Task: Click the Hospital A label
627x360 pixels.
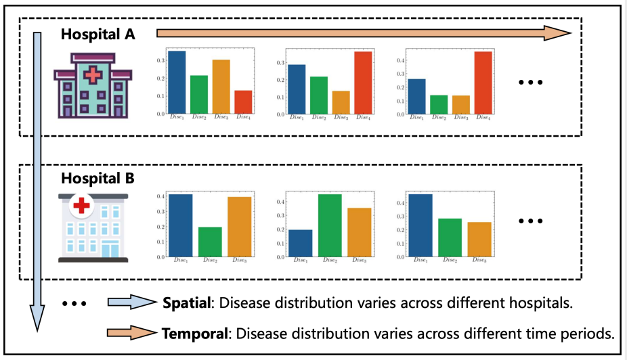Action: (98, 35)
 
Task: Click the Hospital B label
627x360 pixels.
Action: (98, 179)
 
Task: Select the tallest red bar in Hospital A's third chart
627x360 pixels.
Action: (483, 83)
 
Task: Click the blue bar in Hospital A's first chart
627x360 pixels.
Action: (177, 83)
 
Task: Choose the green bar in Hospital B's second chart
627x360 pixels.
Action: (330, 225)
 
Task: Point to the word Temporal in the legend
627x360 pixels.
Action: (192, 334)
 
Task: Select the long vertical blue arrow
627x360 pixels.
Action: (38, 183)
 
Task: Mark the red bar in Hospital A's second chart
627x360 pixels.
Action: (363, 83)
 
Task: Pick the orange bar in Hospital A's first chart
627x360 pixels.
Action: (221, 87)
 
